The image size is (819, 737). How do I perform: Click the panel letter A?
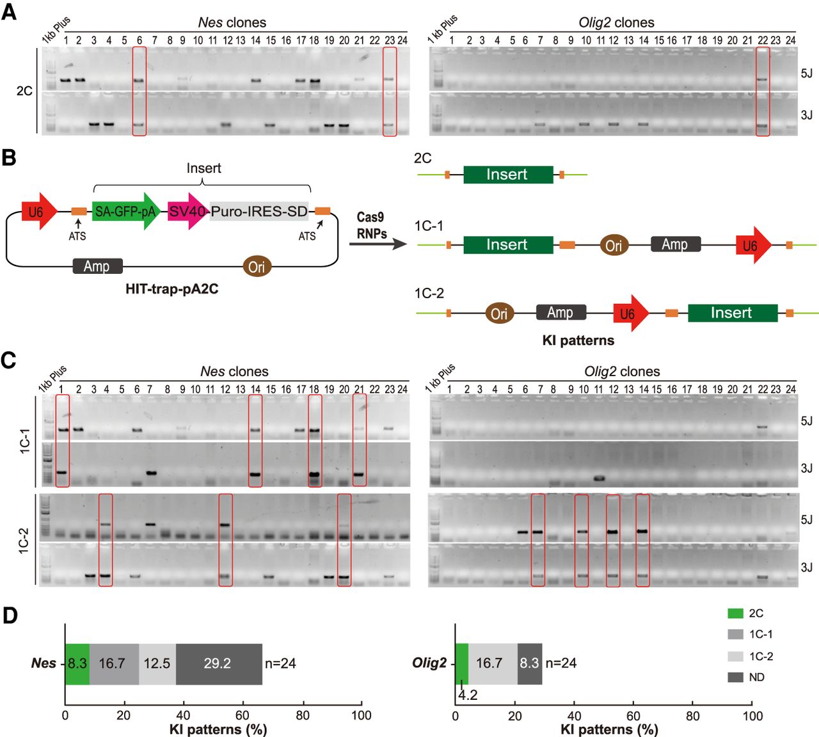coord(9,12)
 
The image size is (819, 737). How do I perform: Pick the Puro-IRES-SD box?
coord(259,211)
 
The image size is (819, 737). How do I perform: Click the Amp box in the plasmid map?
coord(97,266)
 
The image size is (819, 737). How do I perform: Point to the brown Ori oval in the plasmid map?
coord(257,266)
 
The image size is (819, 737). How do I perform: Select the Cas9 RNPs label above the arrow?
coord(372,226)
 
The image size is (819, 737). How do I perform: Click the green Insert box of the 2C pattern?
coord(507,174)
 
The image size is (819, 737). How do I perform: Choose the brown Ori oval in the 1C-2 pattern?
coord(499,313)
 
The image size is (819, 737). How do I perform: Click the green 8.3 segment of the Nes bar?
coord(77,663)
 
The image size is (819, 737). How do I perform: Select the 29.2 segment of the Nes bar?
coord(218,663)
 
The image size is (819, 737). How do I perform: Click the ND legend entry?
coord(746,677)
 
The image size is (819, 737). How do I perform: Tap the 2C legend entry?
coord(745,613)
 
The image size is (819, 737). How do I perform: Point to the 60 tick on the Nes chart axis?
coord(243,715)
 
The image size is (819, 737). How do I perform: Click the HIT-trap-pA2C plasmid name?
coord(171,289)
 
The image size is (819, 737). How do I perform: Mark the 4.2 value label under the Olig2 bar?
coord(468,695)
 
